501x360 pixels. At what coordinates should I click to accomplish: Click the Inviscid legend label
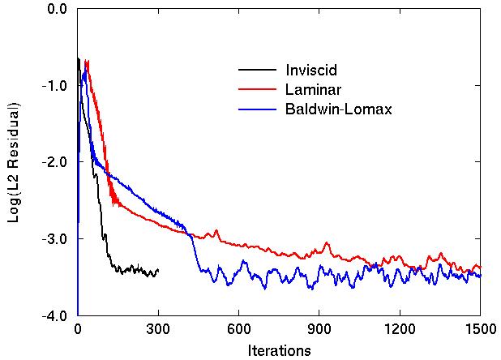tap(311, 69)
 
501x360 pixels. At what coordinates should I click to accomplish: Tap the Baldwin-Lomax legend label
tap(338, 109)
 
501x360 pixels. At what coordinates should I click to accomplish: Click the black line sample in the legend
tap(255, 69)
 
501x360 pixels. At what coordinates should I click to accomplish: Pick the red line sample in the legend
tap(255, 89)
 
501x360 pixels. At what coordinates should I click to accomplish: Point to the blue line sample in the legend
tap(255, 109)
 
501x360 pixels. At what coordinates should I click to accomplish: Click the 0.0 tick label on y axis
tap(57, 9)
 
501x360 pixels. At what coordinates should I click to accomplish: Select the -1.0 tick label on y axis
tap(54, 86)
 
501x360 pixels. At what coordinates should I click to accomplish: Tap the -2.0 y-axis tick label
tap(54, 162)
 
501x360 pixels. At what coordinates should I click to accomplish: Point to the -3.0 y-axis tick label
tap(54, 239)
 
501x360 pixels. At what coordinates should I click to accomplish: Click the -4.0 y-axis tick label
tap(54, 315)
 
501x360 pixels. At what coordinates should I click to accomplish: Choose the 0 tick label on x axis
tap(78, 330)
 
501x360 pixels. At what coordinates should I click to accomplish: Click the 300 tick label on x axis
tap(158, 330)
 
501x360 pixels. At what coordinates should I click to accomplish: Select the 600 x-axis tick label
tap(238, 330)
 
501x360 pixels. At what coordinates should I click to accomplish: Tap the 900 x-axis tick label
tap(319, 330)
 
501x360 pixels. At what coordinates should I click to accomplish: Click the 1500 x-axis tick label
tap(479, 330)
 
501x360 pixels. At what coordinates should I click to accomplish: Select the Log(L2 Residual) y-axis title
tap(14, 162)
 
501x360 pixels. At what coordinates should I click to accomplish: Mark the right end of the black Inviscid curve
tap(158, 270)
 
